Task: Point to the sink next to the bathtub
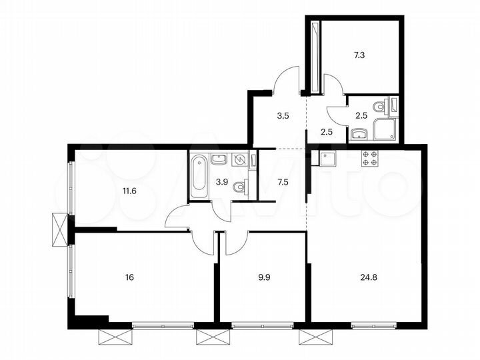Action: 218,159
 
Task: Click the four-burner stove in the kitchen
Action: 370,158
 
